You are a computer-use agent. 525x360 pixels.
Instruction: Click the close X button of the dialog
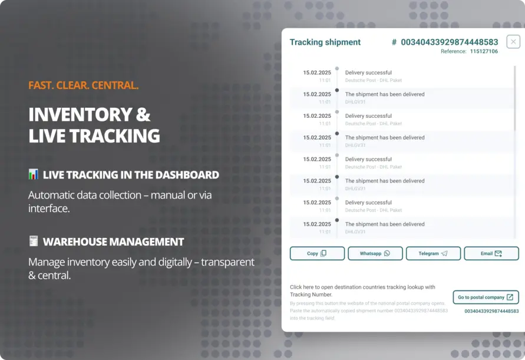(x=513, y=42)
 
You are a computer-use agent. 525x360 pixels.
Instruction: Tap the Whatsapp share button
(x=375, y=253)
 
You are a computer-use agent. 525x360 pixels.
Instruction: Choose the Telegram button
(x=433, y=253)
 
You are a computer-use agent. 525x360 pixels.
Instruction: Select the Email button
(x=491, y=253)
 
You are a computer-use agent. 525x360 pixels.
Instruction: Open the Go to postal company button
(x=486, y=298)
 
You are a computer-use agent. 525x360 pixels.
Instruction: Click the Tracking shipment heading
(x=325, y=42)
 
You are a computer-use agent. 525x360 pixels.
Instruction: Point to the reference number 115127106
(x=484, y=52)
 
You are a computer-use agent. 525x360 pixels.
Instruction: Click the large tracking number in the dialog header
(x=449, y=42)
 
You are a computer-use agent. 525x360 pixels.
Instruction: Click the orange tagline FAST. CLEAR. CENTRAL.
(x=83, y=85)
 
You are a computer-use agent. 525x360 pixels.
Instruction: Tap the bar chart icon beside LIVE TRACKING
(x=34, y=174)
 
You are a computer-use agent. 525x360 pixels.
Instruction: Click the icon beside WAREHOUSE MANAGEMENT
(x=34, y=242)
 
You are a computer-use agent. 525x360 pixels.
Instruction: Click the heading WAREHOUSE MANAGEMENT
(x=113, y=242)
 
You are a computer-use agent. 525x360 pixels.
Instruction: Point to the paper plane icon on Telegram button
(x=444, y=253)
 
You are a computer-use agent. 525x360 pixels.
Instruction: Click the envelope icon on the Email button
(x=498, y=253)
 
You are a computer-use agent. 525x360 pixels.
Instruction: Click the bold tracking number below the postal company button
(x=491, y=311)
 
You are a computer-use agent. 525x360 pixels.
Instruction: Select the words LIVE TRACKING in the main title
(x=94, y=136)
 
